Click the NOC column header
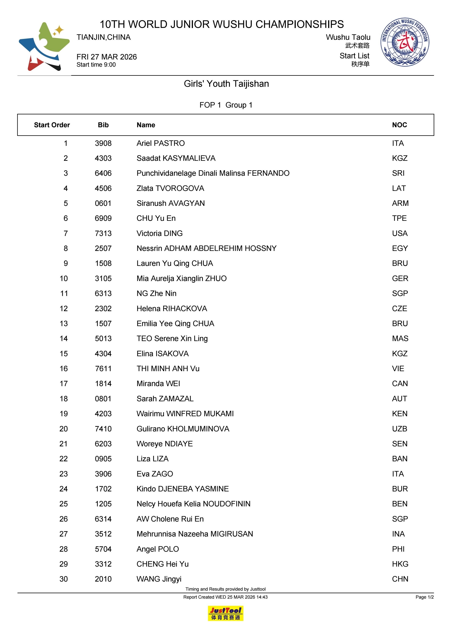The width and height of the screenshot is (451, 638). coord(399,125)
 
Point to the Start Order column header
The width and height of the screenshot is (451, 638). coord(52,125)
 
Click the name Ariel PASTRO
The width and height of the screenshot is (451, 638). coord(160,143)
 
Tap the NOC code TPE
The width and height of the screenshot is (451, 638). coord(399,218)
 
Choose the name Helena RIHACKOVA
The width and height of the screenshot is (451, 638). coord(172,309)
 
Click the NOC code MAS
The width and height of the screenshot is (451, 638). coord(400,339)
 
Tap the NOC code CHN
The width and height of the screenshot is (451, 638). coord(400,579)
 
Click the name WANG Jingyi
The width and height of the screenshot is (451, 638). coord(159,579)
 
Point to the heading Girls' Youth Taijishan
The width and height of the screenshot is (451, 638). coord(226,84)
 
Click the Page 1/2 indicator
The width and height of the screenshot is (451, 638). coord(424,597)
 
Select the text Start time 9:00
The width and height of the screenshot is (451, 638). coord(96,65)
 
